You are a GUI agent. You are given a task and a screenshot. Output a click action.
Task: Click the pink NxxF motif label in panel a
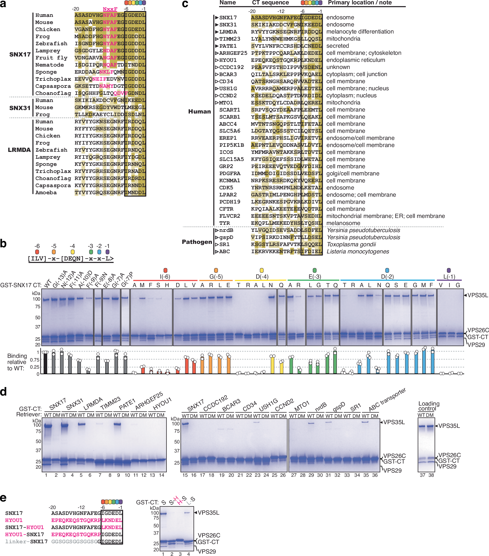110,9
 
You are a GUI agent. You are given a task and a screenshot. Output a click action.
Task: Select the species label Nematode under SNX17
49,65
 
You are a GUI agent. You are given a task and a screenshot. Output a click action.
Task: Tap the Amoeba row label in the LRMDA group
46,193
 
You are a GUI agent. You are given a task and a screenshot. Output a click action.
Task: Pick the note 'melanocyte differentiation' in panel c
360,32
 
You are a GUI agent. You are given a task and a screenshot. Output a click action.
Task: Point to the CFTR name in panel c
226,209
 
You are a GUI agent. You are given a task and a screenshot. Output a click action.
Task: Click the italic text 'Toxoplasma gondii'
351,244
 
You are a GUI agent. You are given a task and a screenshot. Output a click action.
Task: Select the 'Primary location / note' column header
360,3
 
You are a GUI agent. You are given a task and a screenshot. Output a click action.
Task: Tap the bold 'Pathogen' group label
197,242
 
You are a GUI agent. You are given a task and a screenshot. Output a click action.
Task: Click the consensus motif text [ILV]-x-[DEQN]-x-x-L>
71,258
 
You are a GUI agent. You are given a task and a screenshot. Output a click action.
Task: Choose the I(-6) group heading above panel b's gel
165,277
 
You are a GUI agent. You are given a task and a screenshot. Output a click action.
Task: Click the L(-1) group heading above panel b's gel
449,277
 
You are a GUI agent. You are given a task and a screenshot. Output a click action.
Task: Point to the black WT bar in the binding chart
46,363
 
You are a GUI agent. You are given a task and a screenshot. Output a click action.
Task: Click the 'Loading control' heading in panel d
429,406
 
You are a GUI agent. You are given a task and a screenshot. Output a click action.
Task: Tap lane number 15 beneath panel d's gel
185,475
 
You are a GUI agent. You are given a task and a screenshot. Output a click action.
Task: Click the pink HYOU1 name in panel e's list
14,520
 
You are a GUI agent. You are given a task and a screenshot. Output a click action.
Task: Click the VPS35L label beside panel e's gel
208,513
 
